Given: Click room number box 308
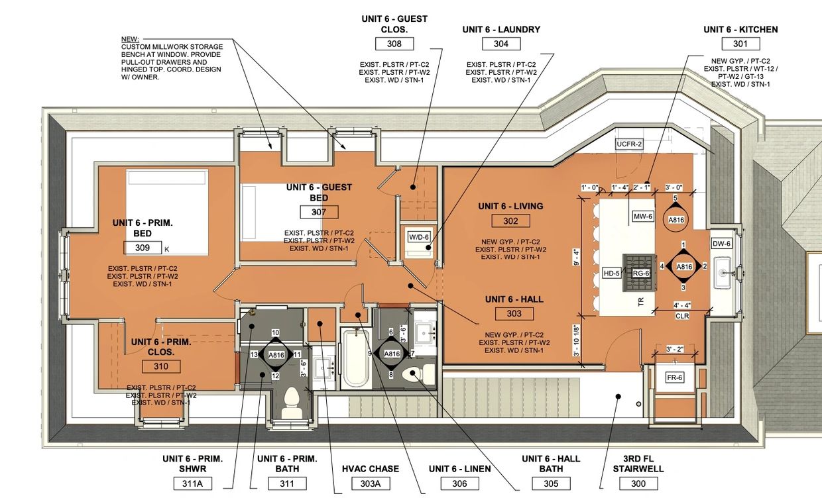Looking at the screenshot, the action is point(394,44).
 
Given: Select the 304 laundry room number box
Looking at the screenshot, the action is point(501,44).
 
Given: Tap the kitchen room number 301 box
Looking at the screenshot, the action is point(740,44).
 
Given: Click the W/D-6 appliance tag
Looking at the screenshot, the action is point(419,237).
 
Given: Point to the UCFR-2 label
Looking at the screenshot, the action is point(629,144).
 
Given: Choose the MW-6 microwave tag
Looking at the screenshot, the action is point(643,217).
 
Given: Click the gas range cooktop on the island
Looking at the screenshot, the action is point(639,274).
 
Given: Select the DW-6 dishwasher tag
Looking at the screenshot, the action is point(721,244).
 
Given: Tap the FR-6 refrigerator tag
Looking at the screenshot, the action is point(674,377).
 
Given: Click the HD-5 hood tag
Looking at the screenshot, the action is point(611,274).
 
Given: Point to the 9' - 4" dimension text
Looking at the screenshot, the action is point(576,257).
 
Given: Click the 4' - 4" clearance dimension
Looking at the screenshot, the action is point(682,305).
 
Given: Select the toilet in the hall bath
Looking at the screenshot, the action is point(418,373).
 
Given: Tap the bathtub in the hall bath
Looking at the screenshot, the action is point(356,358).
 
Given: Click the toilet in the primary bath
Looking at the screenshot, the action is point(292,402).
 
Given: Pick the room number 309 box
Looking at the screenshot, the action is point(143,248).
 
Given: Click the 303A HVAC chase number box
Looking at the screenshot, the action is point(371,483).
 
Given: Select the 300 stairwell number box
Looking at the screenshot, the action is point(638,483).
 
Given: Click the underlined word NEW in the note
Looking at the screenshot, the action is point(130,39).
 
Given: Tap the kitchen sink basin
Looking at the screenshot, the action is point(723,273).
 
